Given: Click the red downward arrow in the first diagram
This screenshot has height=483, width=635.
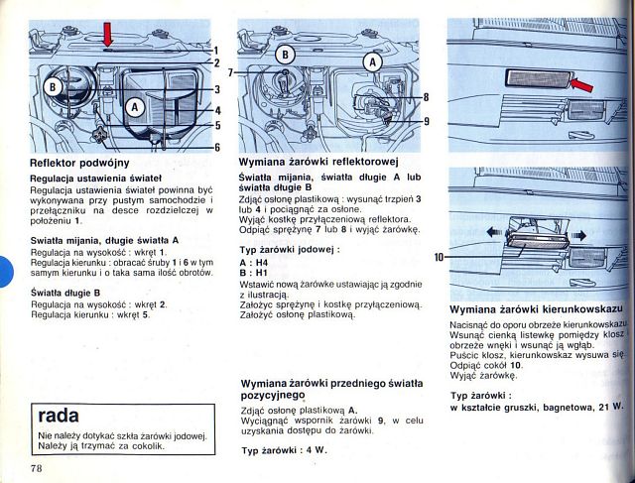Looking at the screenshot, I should pos(108,36).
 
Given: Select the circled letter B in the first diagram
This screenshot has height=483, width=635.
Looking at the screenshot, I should pos(51,88).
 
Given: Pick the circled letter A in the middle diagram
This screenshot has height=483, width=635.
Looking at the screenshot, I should pos(374,60).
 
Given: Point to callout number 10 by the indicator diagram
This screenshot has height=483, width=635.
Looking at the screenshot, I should pos(440,258).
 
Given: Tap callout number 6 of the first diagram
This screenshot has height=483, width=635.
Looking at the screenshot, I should pos(216,147).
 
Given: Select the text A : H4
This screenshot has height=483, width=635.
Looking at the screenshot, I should pos(253,262).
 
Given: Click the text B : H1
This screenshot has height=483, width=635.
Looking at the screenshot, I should pos(253,273).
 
